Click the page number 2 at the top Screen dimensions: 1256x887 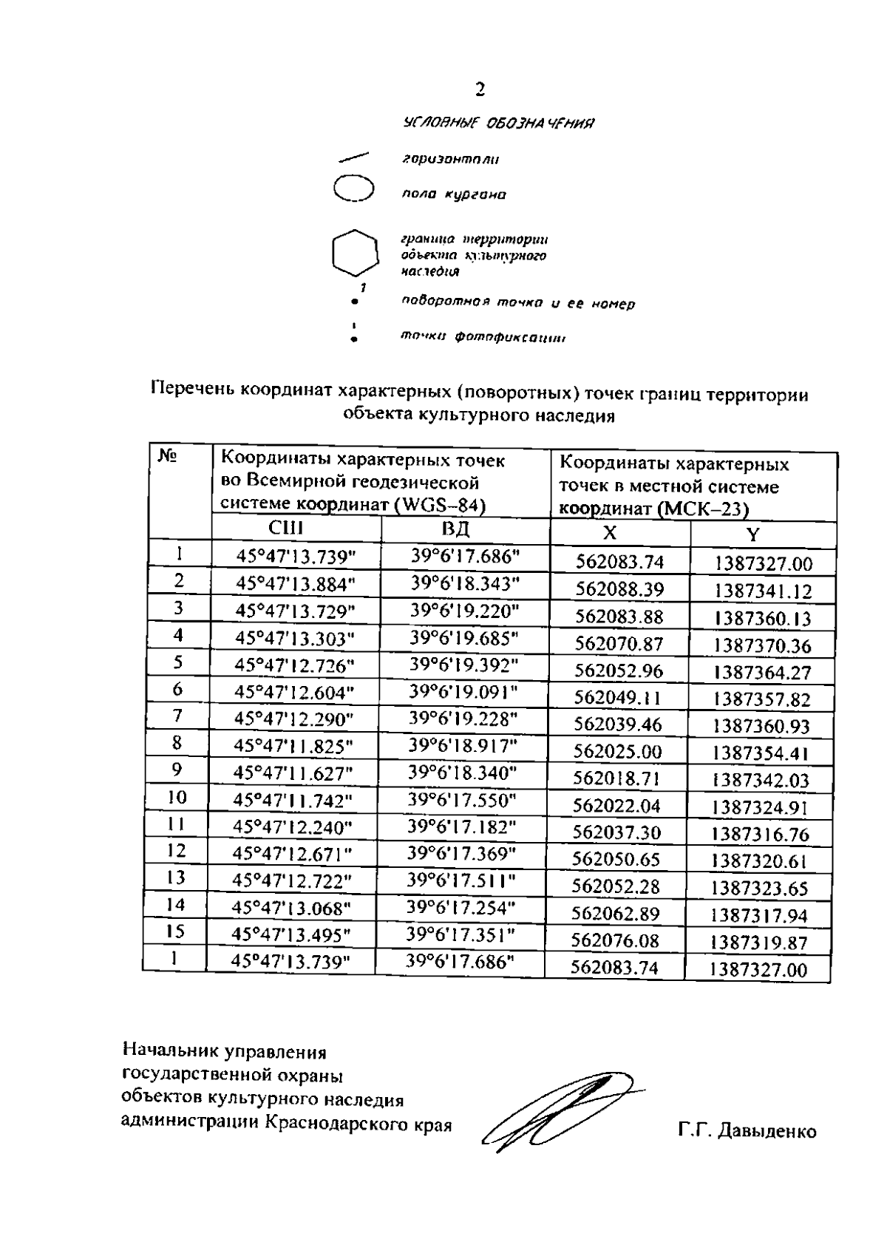(480, 90)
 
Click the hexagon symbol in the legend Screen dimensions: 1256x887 (353, 253)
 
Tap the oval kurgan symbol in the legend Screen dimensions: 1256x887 (353, 188)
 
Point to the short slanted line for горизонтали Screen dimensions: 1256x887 (354, 157)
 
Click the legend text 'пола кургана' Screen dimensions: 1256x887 (453, 195)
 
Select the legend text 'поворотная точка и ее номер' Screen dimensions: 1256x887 (517, 303)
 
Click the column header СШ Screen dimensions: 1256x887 (286, 529)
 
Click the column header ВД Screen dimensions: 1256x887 (456, 529)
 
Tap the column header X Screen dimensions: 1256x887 (610, 533)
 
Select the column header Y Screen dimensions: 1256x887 (752, 534)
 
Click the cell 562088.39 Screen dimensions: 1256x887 (619, 589)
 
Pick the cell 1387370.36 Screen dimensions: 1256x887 (763, 645)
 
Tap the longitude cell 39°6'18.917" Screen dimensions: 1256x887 (463, 745)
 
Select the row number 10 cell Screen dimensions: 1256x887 (177, 797)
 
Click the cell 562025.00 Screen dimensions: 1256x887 (618, 752)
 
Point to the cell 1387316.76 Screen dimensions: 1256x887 (761, 835)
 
